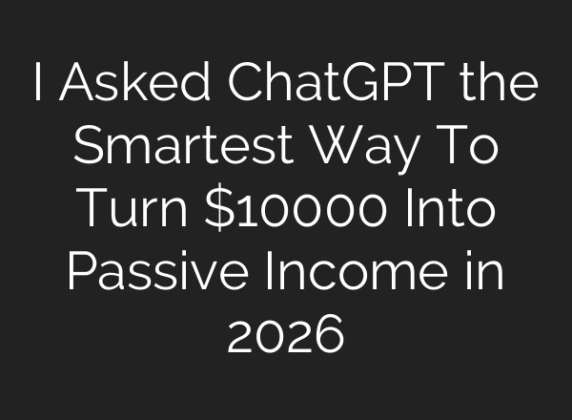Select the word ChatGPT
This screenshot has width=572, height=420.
pos(324,88)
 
